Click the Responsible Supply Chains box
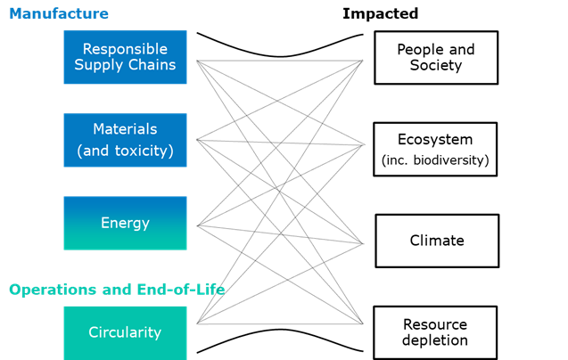126,57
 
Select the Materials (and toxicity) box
126,140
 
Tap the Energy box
126,223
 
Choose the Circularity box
126,333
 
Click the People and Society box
436,58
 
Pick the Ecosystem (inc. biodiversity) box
435,149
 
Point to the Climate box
437,241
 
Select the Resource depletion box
435,333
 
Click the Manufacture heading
59,13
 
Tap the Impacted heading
381,13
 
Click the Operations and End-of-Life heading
117,290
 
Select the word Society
436,66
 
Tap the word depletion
435,340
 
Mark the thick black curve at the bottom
280,330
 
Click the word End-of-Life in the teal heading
181,290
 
